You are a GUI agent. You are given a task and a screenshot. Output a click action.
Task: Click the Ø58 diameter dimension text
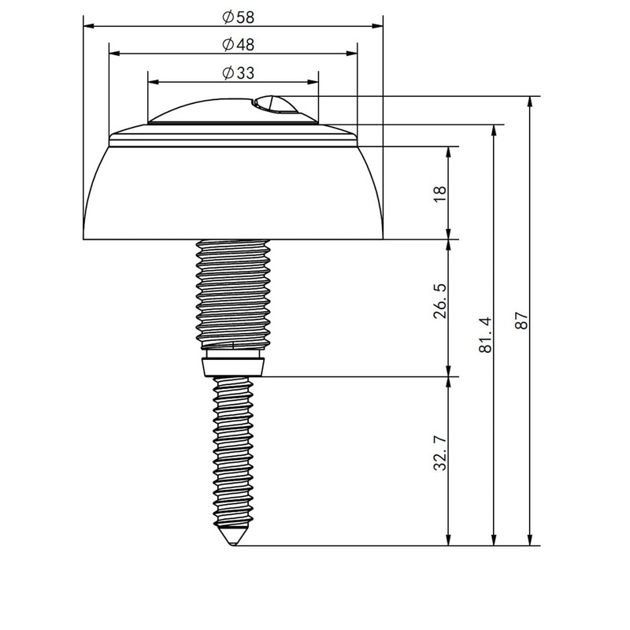(239, 17)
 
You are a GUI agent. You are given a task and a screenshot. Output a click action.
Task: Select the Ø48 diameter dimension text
(239, 44)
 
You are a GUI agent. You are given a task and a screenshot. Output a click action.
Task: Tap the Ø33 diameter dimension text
(239, 72)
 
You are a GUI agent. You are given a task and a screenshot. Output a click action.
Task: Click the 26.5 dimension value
(440, 301)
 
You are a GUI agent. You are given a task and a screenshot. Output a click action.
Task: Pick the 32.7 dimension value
(440, 452)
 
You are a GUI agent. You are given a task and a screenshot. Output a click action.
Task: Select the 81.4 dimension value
(485, 335)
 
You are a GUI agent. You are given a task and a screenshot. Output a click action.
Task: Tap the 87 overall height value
(521, 321)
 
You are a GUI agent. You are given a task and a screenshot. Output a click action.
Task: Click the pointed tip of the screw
(232, 545)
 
